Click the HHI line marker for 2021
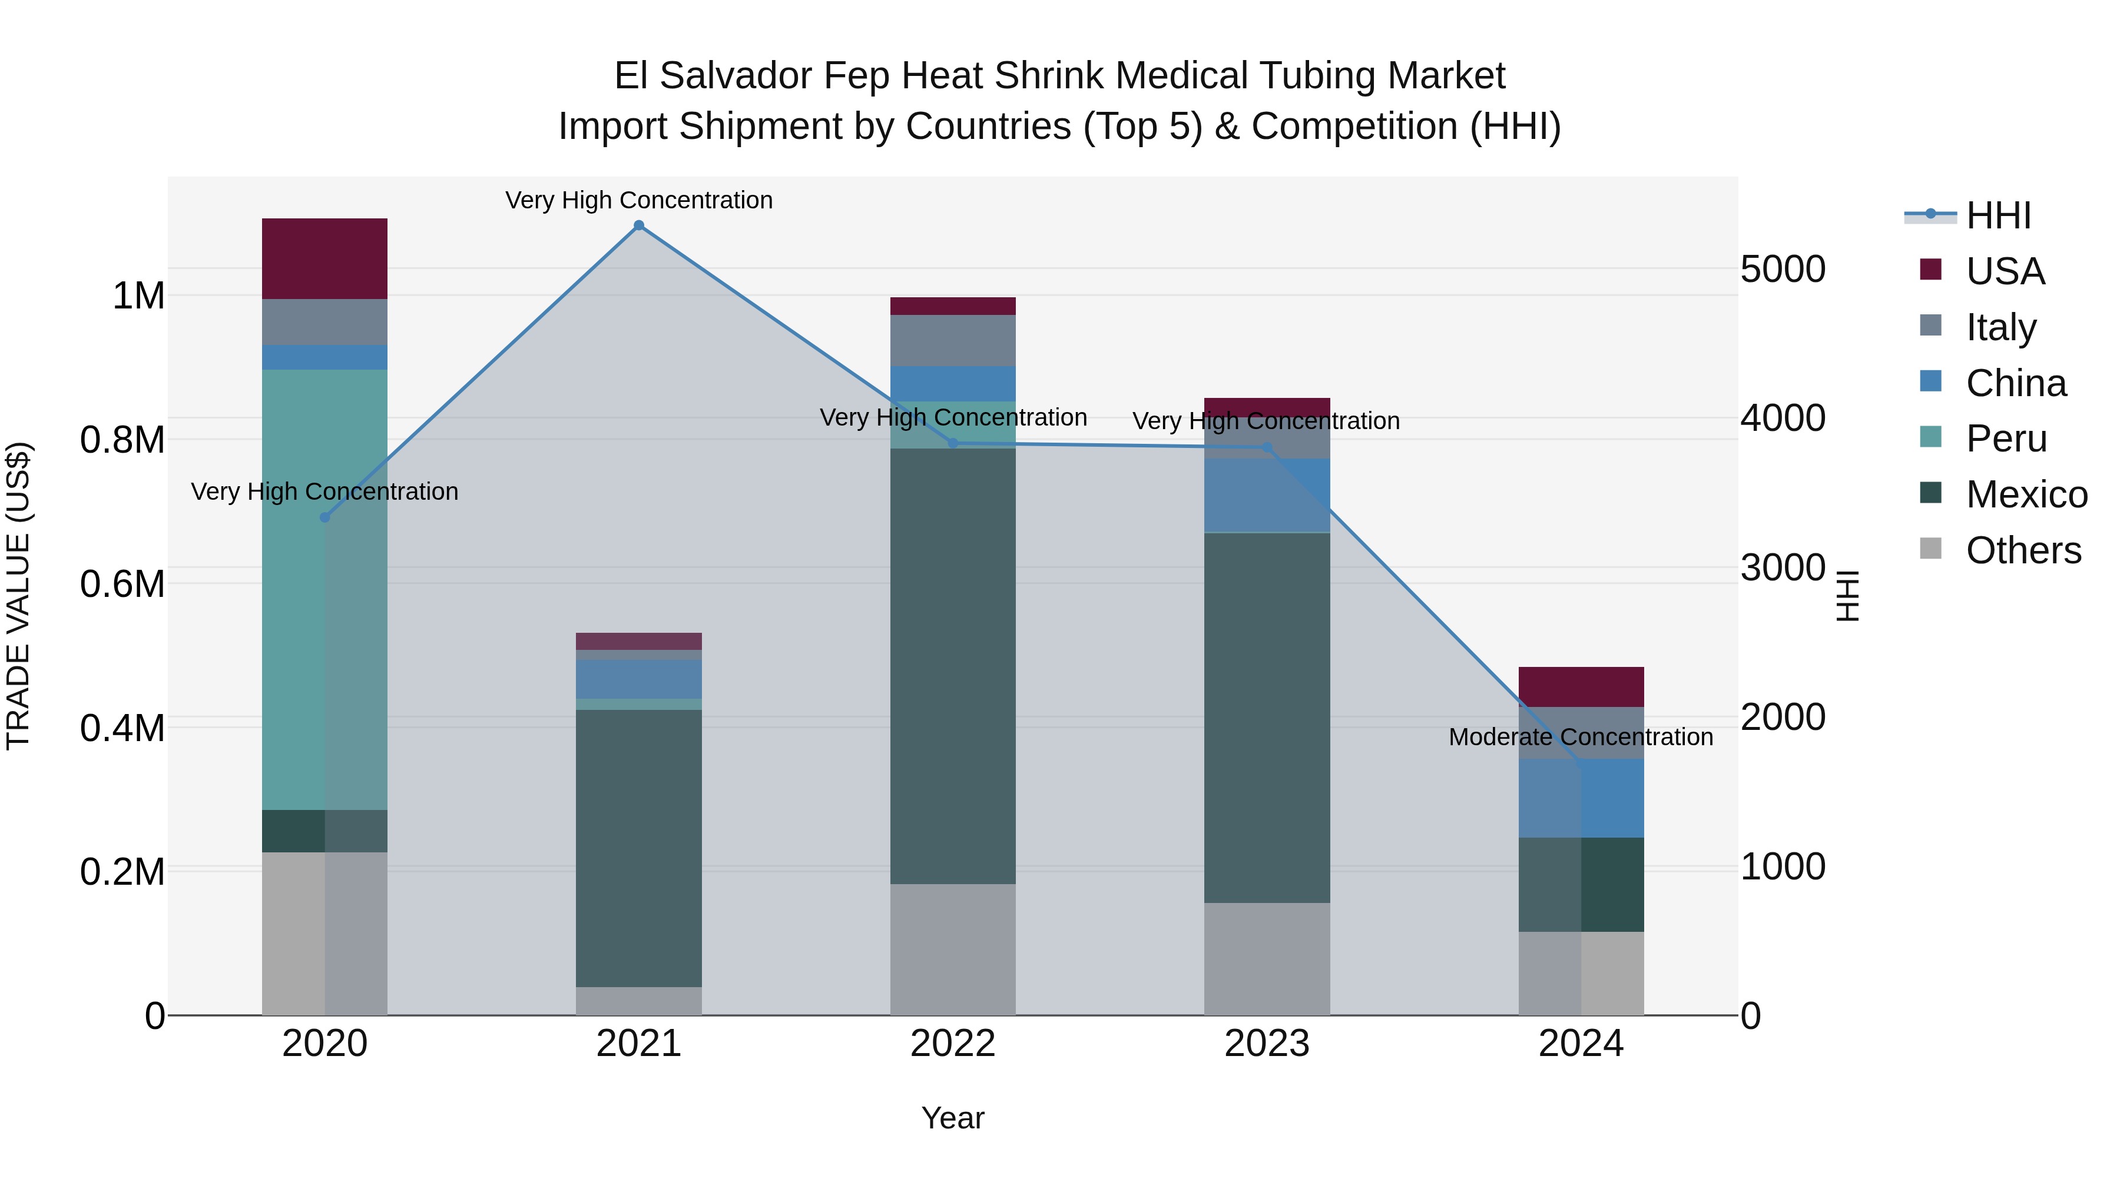tap(638, 225)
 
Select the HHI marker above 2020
tap(324, 517)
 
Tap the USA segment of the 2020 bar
tap(324, 258)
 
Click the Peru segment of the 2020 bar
tap(324, 589)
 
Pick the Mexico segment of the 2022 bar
tap(953, 666)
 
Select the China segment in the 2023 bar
tap(1267, 495)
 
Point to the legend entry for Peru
tap(2006, 439)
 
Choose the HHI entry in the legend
tap(1998, 215)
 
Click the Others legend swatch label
tap(2023, 550)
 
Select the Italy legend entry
tap(2000, 327)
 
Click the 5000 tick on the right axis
tap(1783, 269)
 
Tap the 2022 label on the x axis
tap(953, 1044)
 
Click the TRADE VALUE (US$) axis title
tap(18, 596)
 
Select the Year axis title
tap(953, 1118)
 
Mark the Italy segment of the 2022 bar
tap(953, 341)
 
